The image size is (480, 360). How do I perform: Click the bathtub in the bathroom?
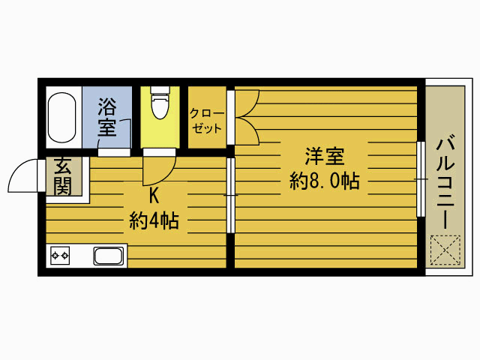(x=62, y=118)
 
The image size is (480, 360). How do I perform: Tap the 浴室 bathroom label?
(x=107, y=118)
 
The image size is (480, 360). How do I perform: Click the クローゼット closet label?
(x=205, y=120)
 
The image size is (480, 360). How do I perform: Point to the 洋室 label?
(x=324, y=157)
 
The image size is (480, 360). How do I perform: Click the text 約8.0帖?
(x=324, y=181)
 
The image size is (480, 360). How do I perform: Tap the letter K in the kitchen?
(x=154, y=196)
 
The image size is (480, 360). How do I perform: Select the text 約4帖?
(x=154, y=220)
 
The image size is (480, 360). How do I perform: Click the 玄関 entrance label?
(x=61, y=177)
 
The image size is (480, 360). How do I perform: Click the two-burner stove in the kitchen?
(x=60, y=256)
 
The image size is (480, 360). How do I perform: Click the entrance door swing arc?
(x=20, y=178)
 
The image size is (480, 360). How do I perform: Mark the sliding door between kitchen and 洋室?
(x=231, y=195)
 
